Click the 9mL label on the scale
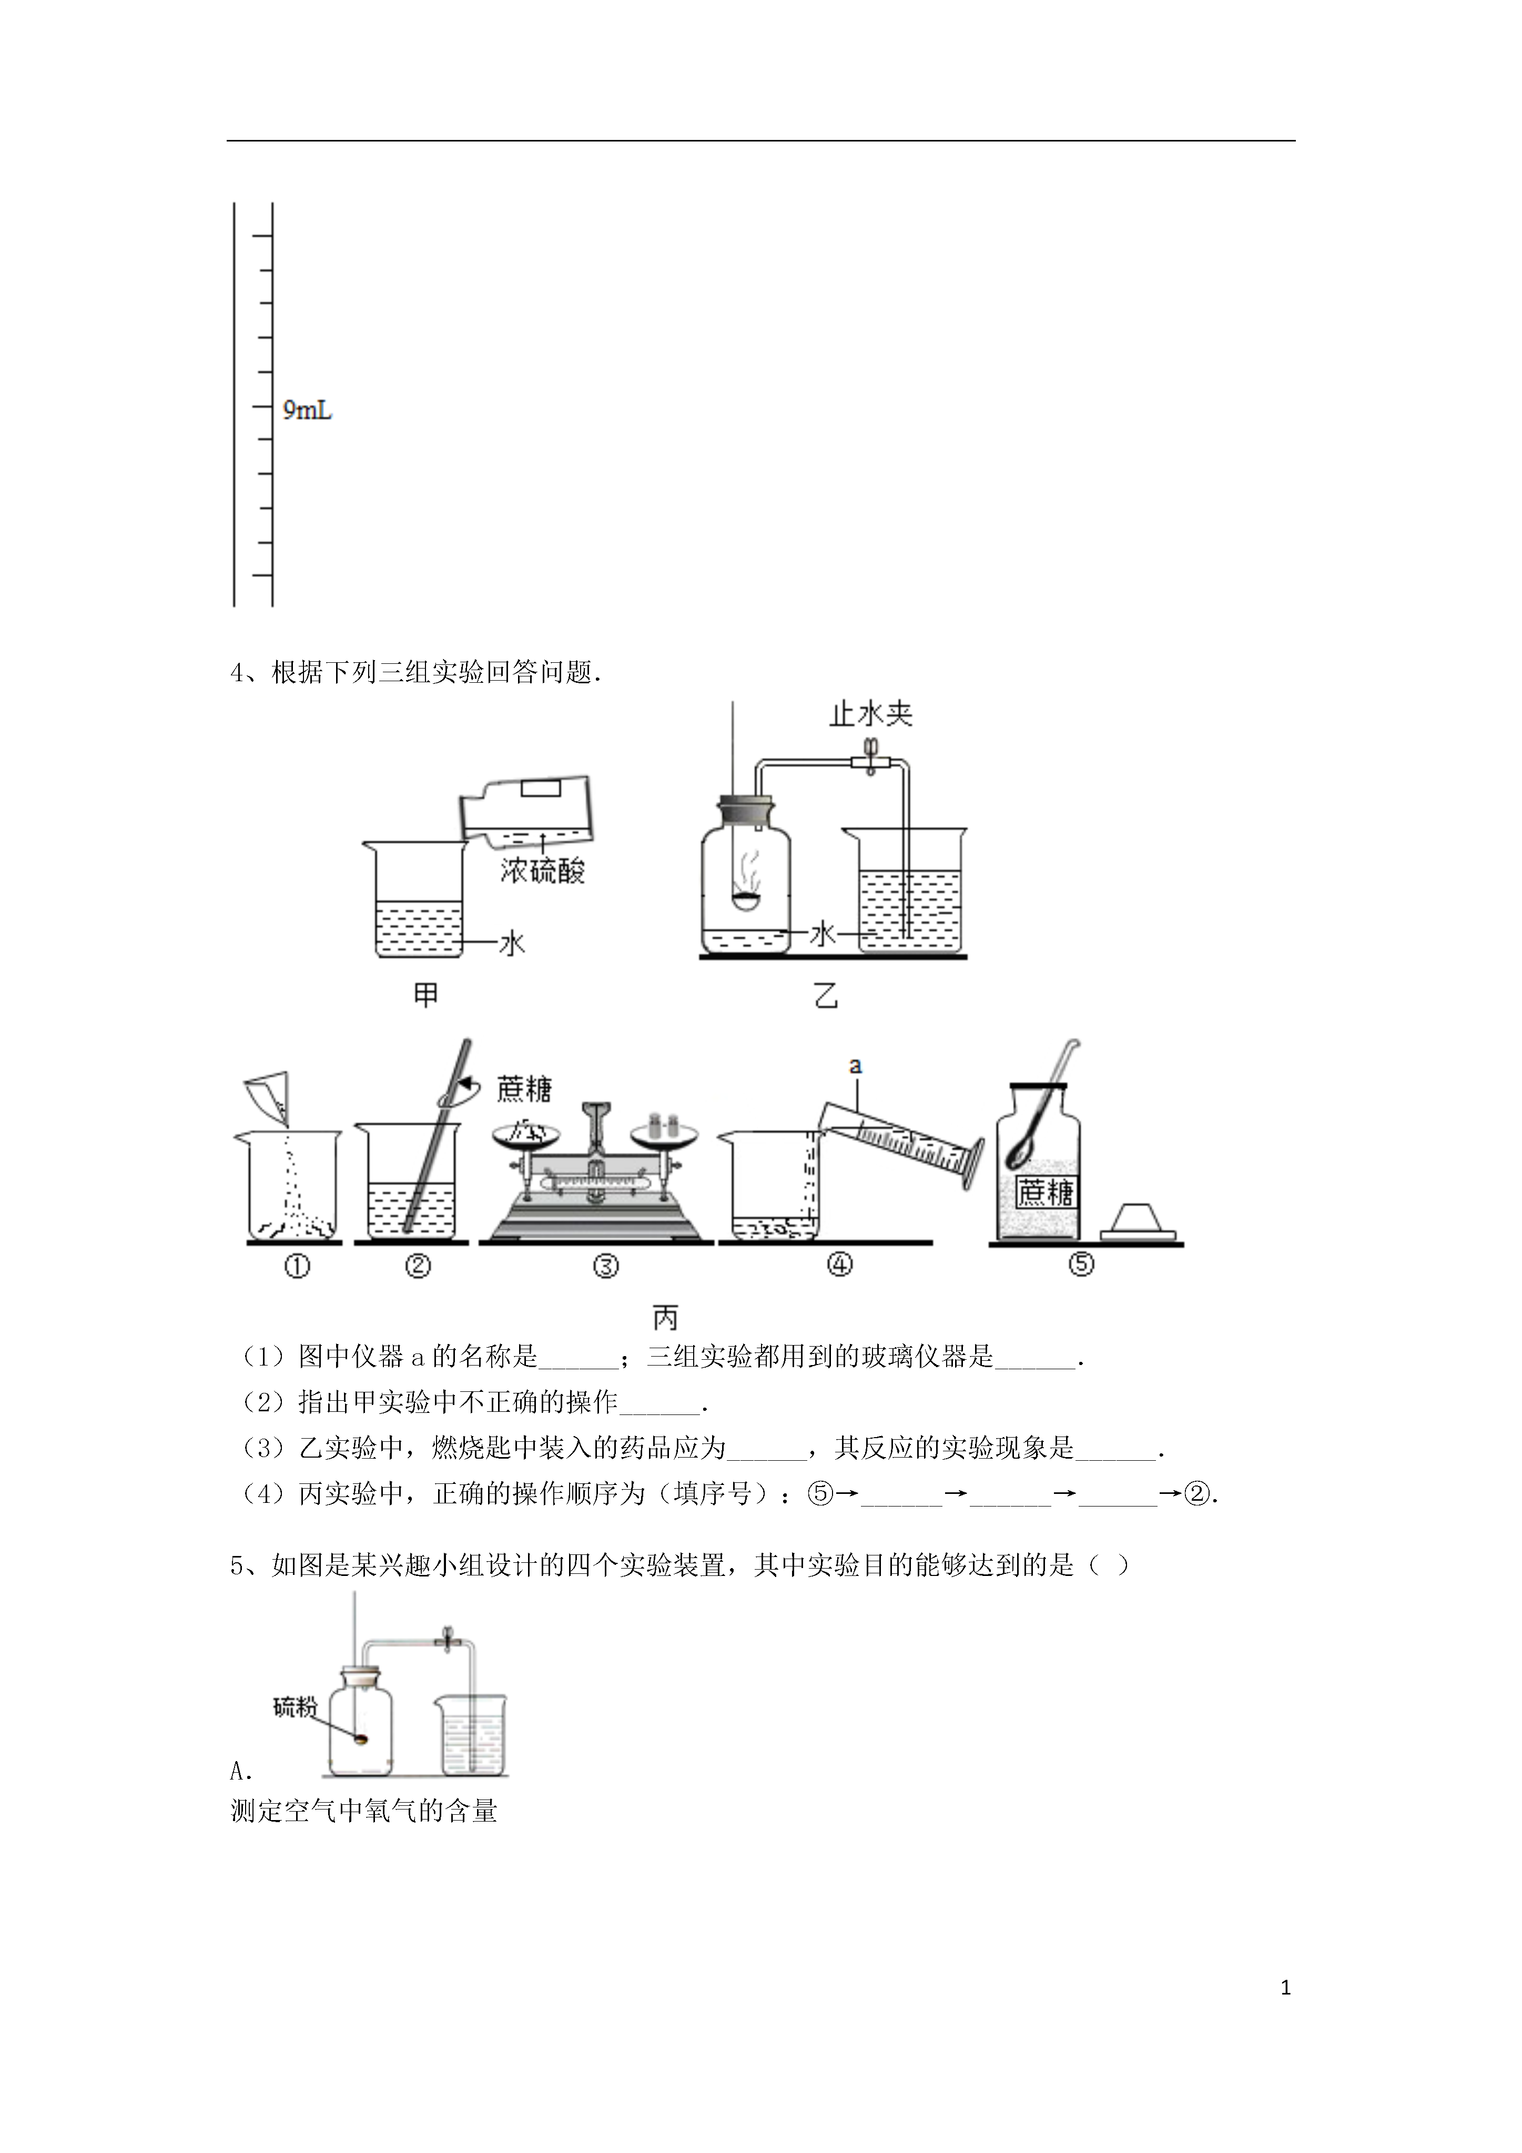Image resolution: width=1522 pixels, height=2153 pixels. tap(308, 411)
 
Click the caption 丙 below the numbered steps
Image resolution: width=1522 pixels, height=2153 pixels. tap(665, 1318)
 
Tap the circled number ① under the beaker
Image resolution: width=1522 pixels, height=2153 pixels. tap(296, 1266)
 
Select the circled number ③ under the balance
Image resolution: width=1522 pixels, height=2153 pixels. tap(606, 1266)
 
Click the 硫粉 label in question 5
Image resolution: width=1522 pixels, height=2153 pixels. tap(293, 1707)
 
